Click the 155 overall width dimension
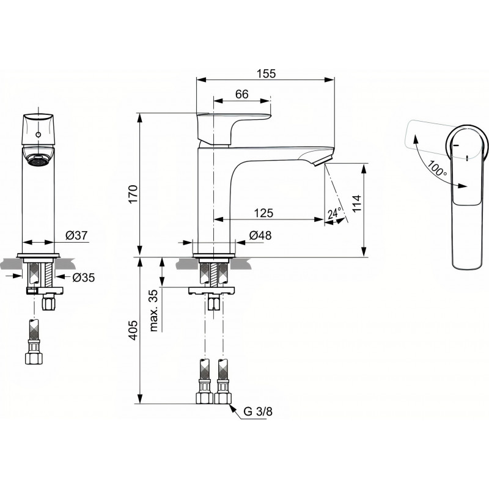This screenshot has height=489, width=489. [x=266, y=73]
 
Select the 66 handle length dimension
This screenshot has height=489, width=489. [x=241, y=94]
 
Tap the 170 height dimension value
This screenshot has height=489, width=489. [x=133, y=194]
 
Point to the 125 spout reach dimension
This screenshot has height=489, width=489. [x=263, y=213]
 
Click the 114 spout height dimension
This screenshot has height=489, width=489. [x=356, y=204]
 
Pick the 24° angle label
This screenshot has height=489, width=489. [x=334, y=213]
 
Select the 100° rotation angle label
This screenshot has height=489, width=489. [x=437, y=167]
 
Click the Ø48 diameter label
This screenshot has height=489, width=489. [x=260, y=235]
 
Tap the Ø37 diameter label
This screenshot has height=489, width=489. [x=77, y=235]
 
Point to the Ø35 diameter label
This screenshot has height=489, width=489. [x=84, y=278]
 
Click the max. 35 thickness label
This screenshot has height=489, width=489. [x=154, y=311]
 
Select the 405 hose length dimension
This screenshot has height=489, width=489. [x=133, y=330]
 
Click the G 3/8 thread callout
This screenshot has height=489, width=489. [x=257, y=411]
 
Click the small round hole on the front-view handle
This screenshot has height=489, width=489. [x=39, y=134]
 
